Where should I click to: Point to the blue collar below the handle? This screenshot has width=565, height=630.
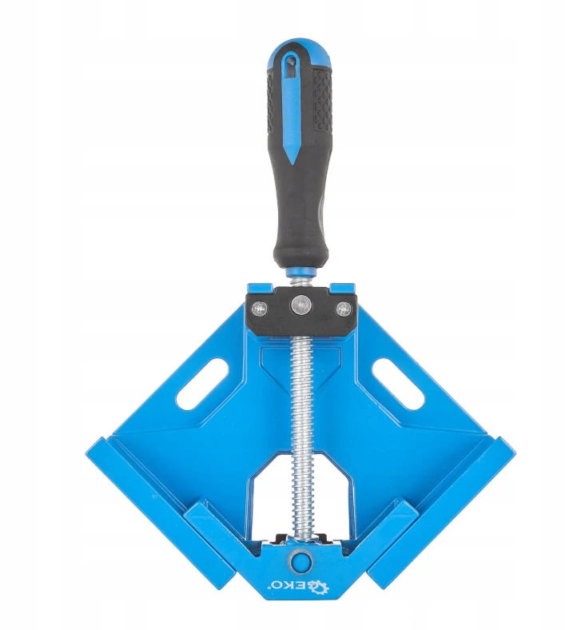pyautogui.click(x=300, y=272)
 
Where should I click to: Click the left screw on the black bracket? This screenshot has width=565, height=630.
pyautogui.click(x=258, y=309)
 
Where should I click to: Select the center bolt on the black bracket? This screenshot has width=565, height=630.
pyautogui.click(x=301, y=304)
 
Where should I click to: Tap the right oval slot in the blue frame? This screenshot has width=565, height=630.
pyautogui.click(x=398, y=382)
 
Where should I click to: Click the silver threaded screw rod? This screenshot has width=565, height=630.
pyautogui.click(x=302, y=438)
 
